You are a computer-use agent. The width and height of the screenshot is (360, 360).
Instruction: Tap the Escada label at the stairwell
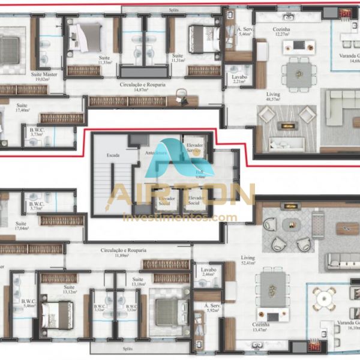click(112, 154)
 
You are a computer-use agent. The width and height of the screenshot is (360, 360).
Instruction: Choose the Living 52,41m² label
click(248, 260)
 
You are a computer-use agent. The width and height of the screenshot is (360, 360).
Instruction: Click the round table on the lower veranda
click(325, 297)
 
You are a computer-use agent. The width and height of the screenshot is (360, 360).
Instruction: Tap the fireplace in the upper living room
click(289, 126)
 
